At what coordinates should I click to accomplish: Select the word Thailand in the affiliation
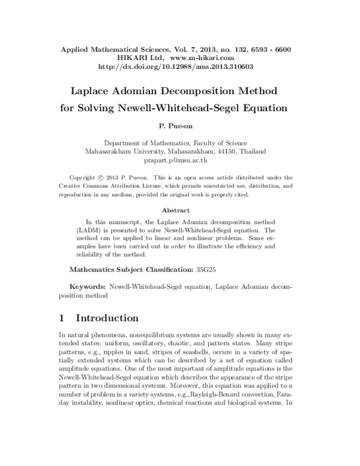click(254, 151)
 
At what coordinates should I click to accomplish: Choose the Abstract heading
click(176, 210)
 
